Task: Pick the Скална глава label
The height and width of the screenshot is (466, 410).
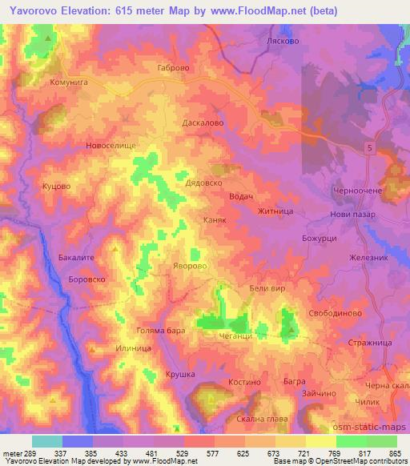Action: coord(259,418)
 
